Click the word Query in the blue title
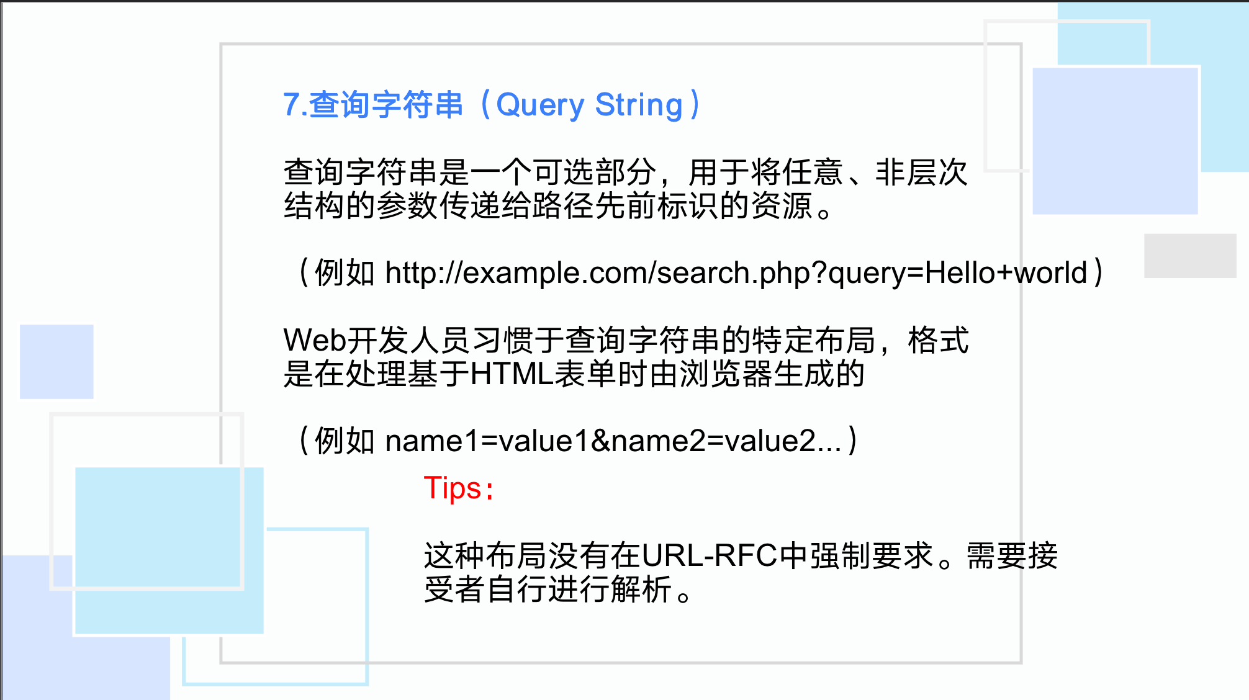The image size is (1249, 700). tap(540, 105)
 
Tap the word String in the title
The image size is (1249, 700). tap(639, 105)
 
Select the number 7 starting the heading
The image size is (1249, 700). tap(291, 105)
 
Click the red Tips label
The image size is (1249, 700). tap(458, 488)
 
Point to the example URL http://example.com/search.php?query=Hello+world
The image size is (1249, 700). tap(736, 273)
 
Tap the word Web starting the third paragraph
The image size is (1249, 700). tap(314, 341)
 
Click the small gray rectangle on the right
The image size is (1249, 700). tap(1190, 256)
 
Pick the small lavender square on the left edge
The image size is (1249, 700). tap(56, 361)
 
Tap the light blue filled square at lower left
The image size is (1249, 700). tap(169, 550)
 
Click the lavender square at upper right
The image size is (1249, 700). tap(1115, 141)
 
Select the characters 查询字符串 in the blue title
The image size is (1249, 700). tap(386, 105)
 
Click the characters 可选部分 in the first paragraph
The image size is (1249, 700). tap(594, 173)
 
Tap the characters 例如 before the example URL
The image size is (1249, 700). tap(345, 273)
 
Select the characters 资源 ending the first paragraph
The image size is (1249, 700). tap(782, 206)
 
